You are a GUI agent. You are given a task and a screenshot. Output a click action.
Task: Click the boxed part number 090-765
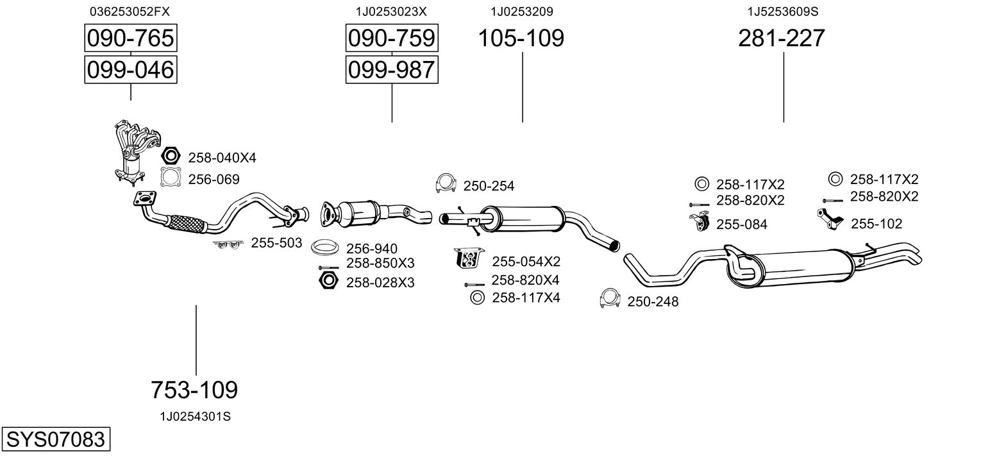131,38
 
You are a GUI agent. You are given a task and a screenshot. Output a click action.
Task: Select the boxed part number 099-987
392,70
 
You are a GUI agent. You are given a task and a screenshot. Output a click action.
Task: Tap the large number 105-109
521,38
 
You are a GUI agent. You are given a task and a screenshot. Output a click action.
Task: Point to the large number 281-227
782,38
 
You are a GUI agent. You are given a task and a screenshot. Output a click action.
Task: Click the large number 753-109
194,389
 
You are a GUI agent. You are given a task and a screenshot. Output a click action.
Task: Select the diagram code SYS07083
56,439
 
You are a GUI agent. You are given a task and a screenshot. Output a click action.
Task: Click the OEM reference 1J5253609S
783,12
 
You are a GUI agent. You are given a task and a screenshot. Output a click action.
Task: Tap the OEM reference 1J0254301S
196,417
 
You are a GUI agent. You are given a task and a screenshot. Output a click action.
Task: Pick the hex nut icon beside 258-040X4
171,155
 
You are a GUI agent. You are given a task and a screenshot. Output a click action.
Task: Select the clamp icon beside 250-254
446,183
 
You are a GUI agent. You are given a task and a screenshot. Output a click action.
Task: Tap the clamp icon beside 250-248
610,298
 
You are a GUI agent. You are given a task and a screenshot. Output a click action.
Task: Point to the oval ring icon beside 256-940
325,248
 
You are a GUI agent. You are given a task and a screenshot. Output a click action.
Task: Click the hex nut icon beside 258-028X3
328,280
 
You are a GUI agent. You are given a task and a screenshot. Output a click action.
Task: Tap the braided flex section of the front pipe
187,223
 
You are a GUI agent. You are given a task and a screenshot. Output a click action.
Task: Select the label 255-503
276,243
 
